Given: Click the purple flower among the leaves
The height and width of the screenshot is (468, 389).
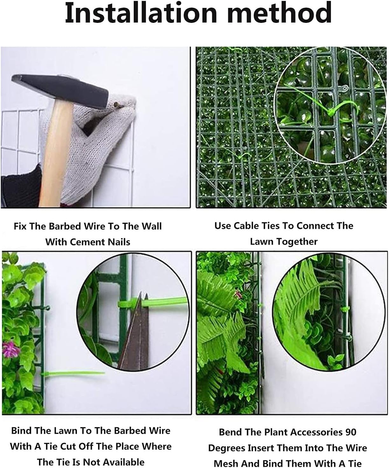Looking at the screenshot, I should [x=10, y=349].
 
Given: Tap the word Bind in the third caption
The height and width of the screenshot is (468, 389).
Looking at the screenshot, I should [x=21, y=431].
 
